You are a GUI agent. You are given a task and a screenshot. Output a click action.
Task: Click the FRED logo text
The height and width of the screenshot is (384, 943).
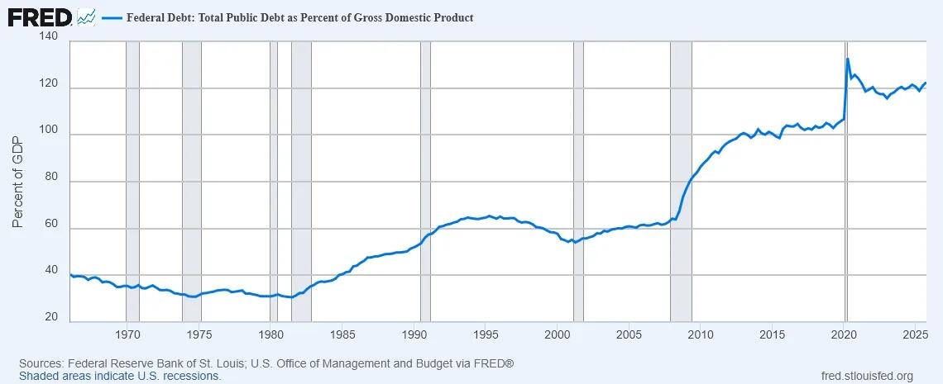[40, 17]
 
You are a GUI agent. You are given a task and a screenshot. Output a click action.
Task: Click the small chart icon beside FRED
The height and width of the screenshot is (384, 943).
[86, 17]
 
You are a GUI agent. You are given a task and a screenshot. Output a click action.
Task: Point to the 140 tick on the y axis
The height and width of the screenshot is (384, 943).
[48, 37]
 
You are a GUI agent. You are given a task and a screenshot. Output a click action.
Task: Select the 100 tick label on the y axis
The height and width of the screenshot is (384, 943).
[48, 135]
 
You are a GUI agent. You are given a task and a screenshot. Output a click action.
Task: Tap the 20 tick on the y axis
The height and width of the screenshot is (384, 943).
[51, 317]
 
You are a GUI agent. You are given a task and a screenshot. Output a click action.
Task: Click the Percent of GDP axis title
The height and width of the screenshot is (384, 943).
[18, 181]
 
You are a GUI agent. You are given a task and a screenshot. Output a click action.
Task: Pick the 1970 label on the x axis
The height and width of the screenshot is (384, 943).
[127, 334]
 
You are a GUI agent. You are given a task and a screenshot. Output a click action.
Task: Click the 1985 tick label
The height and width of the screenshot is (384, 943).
[342, 334]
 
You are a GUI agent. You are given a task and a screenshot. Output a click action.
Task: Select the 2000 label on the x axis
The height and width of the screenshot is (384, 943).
[558, 334]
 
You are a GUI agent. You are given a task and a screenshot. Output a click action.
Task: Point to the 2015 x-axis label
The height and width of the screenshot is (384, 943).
[773, 334]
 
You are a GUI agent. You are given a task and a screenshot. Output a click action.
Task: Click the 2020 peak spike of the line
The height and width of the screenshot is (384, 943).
[848, 59]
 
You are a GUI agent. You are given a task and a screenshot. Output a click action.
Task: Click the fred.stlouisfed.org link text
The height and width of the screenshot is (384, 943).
[864, 376]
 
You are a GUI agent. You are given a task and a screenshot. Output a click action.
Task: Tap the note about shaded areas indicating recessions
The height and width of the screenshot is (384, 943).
[120, 376]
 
